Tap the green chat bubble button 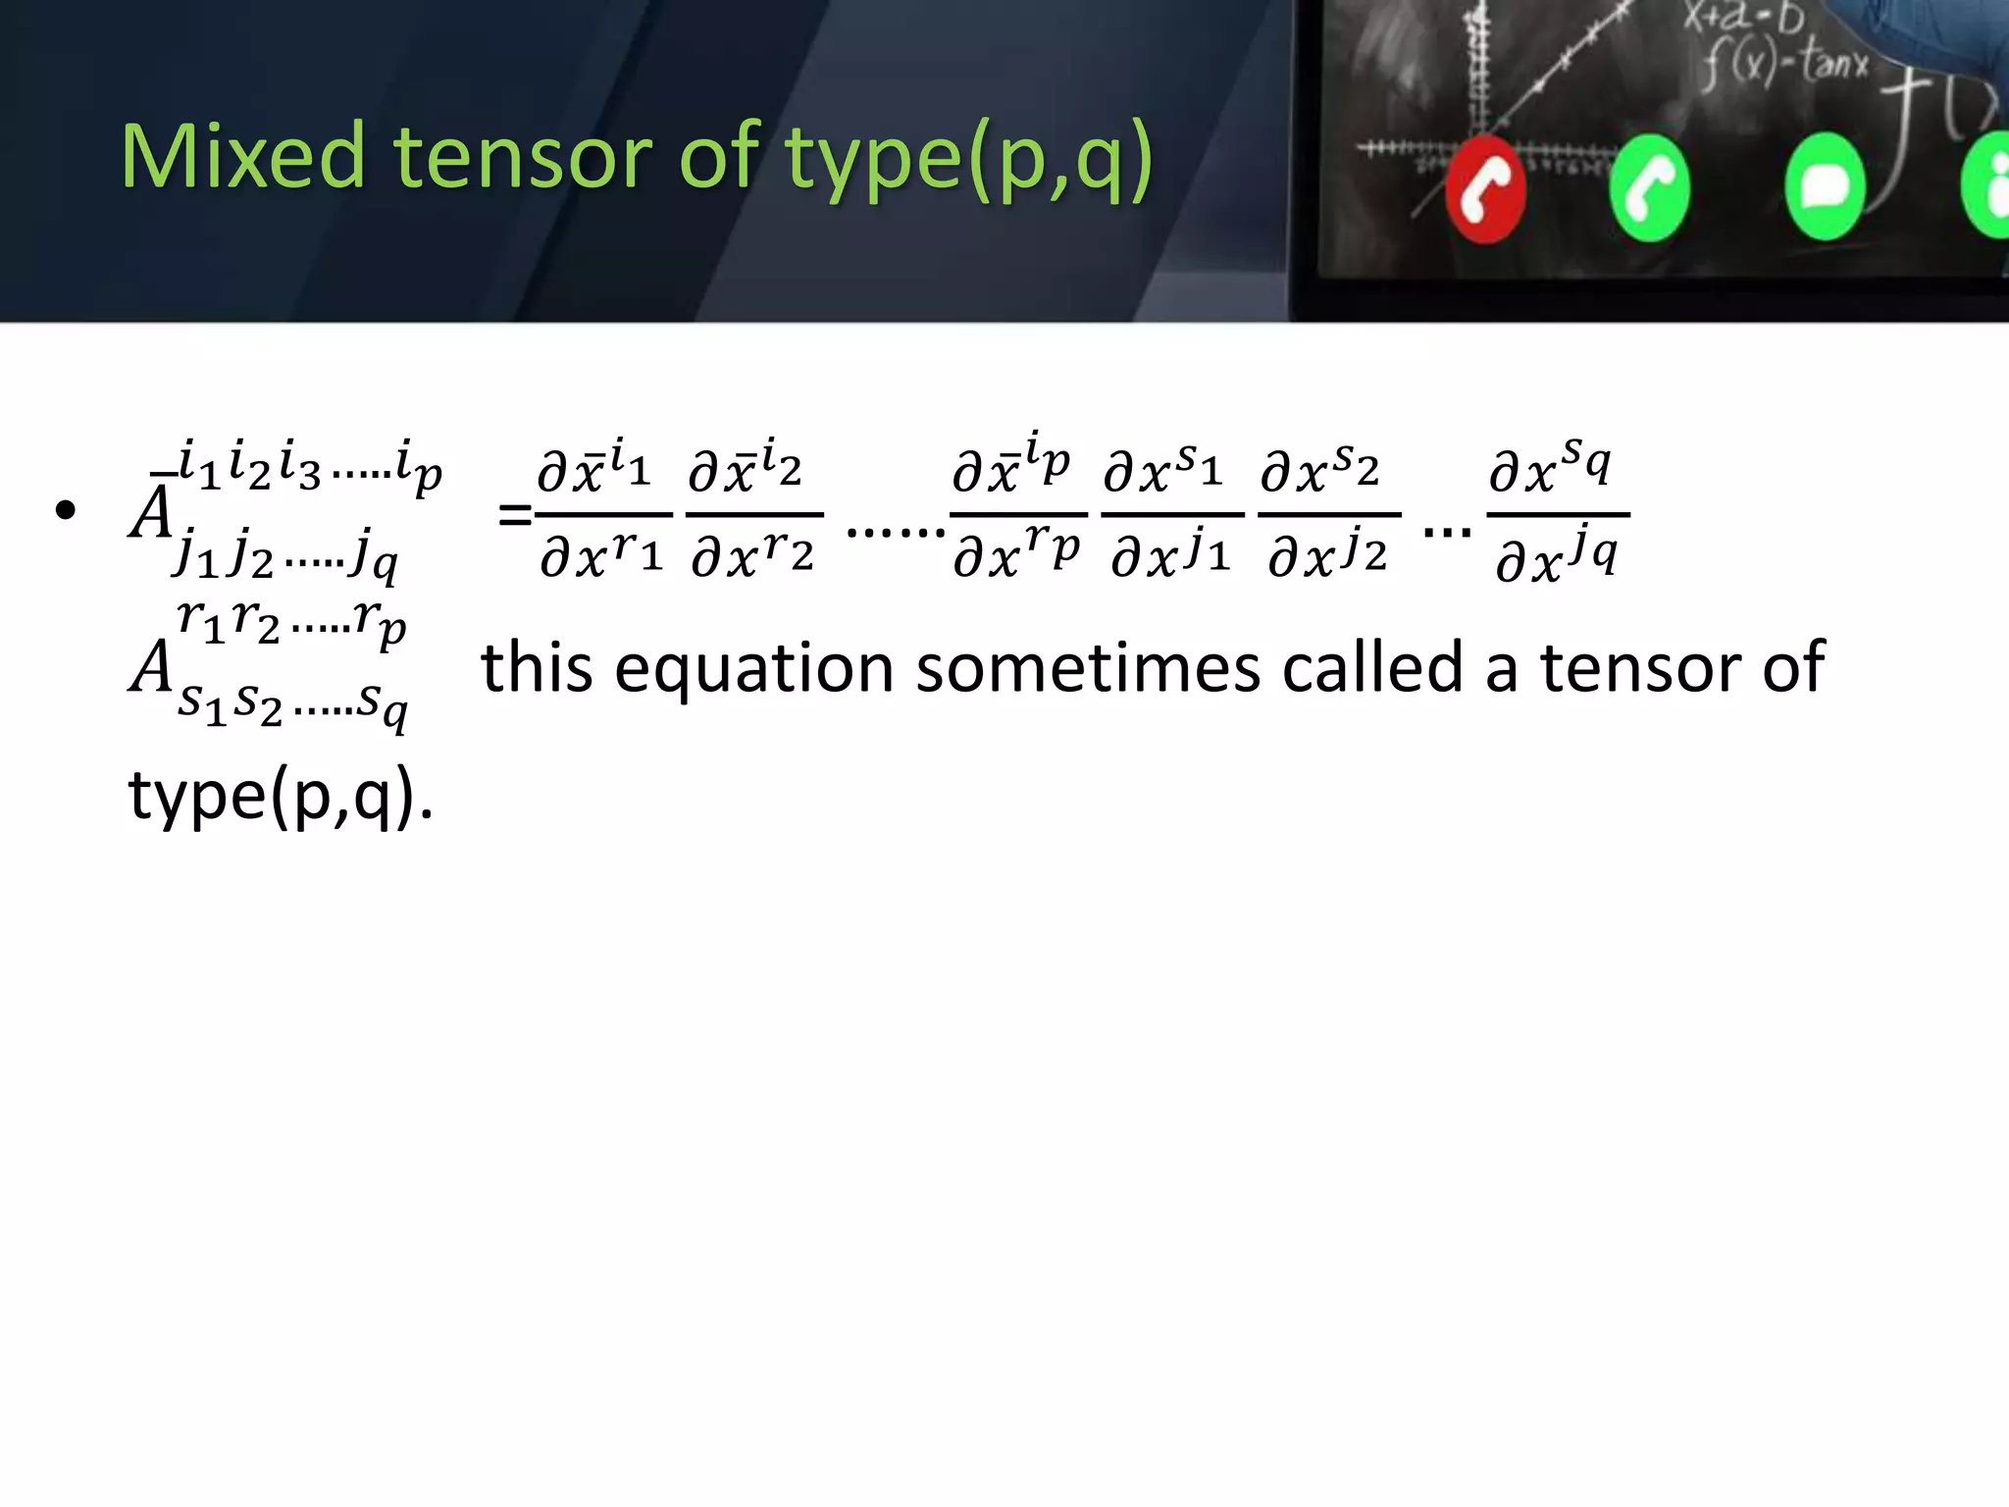tap(1824, 186)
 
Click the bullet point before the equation tap(66, 511)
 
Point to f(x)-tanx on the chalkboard tap(1785, 65)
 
